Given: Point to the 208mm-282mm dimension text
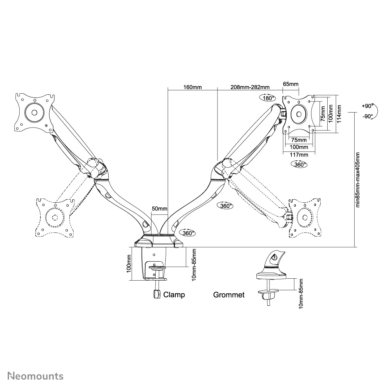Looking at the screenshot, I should tap(249, 87).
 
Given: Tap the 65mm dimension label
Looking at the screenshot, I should tap(291, 84).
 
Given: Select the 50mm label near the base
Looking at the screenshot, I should tap(159, 209).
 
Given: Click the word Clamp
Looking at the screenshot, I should tap(174, 295).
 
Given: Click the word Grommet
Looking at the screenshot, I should tap(229, 295).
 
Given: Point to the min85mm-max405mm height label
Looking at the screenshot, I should tap(358, 180).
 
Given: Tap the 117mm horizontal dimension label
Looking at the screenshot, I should tap(299, 155).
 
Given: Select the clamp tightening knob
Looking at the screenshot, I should tap(156, 294).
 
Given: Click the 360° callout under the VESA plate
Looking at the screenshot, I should tap(299, 164).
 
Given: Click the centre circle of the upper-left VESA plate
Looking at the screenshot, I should tap(33, 113).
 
